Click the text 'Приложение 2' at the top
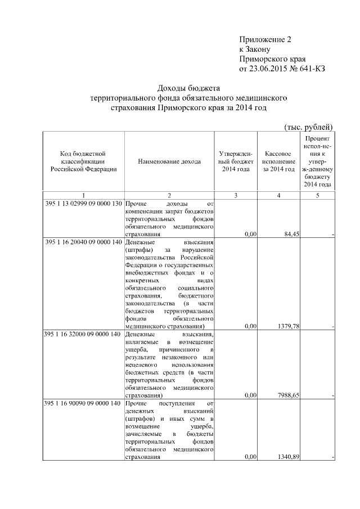click(265, 39)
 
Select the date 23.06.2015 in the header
click(268, 69)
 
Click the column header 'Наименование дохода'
click(169, 161)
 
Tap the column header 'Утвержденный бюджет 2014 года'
click(236, 161)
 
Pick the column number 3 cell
click(236, 195)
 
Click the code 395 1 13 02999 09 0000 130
click(83, 203)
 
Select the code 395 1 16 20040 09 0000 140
click(83, 241)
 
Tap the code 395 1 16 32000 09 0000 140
click(83, 334)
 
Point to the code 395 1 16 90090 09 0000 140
click(83, 403)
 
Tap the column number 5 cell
click(318, 195)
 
